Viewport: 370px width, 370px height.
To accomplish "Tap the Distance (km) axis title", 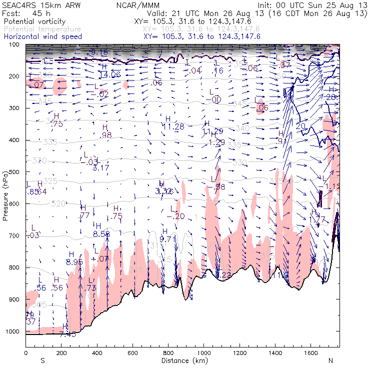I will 182,360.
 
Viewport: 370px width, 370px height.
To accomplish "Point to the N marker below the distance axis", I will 330,360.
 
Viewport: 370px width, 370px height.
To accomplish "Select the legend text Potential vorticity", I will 33,22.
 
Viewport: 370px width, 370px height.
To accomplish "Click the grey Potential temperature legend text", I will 41,29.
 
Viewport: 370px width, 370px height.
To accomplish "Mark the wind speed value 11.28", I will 173,127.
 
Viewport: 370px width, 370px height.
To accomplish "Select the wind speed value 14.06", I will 109,74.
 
